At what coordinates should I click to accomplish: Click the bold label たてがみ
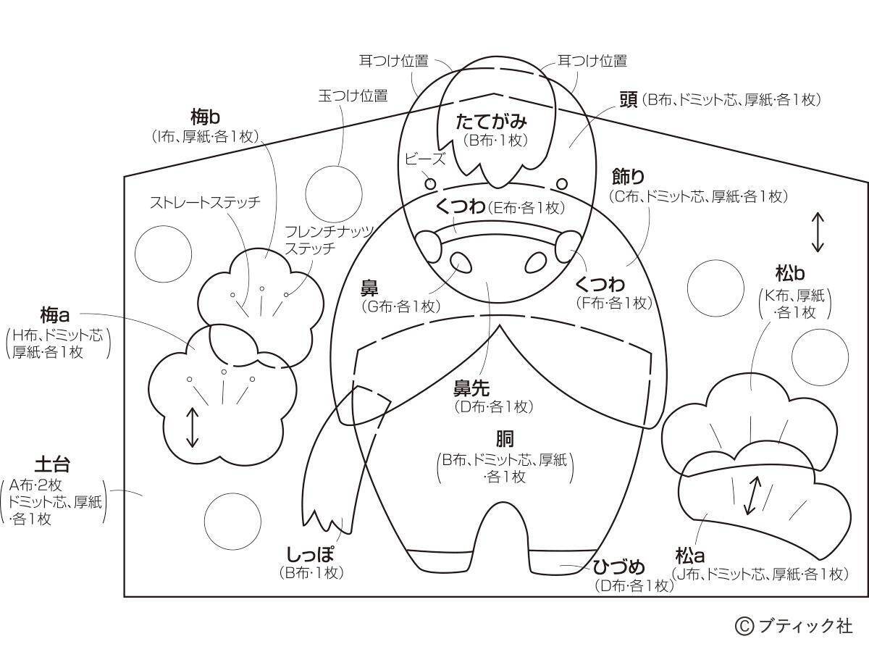[491, 122]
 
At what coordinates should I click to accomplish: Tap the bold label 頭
[628, 100]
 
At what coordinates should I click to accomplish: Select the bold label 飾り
[628, 177]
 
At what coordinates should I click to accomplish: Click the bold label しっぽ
[310, 554]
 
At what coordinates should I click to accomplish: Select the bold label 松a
[690, 556]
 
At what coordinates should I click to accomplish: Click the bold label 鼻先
[473, 388]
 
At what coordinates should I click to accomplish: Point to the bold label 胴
[505, 439]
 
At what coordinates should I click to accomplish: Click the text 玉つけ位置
[353, 96]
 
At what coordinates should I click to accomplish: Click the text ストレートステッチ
[205, 203]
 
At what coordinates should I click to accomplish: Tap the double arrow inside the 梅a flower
[193, 427]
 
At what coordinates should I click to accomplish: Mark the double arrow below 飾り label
[817, 232]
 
